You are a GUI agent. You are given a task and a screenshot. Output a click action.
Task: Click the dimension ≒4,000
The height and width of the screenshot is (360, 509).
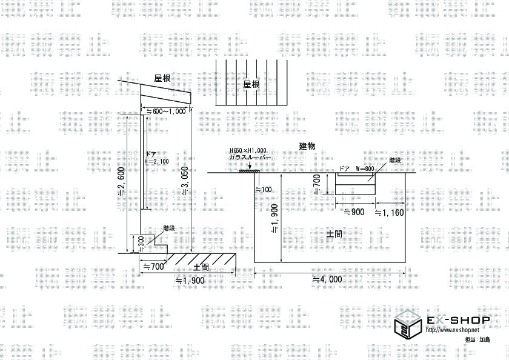327,279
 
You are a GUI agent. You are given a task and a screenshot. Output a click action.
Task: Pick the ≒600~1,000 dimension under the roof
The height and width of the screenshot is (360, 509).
165,111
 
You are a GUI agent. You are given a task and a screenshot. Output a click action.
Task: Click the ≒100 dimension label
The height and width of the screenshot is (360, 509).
264,190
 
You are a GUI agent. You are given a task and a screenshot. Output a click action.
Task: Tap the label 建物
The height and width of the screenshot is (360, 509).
308,147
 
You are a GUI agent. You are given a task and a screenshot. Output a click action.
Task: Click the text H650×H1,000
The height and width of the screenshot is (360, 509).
247,150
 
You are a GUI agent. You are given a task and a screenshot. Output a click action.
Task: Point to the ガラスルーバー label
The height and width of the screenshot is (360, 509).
249,158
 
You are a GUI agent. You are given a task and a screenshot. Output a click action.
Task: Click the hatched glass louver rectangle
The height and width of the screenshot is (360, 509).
249,171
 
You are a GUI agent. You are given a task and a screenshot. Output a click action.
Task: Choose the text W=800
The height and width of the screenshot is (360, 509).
365,168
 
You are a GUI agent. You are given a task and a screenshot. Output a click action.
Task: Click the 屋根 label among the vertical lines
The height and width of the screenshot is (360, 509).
251,85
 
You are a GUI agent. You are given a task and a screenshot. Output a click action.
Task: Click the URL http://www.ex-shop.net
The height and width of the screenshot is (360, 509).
451,330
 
